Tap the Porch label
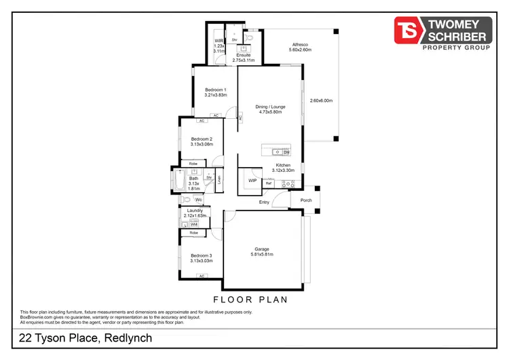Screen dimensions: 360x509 click(x=306, y=200)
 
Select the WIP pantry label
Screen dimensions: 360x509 click(x=252, y=181)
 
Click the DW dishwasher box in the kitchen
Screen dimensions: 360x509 click(x=286, y=152)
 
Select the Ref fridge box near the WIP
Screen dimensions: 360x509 click(x=269, y=183)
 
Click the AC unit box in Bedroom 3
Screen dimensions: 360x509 click(x=202, y=276)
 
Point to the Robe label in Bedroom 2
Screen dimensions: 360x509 click(x=193, y=164)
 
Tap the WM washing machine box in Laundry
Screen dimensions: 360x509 click(x=193, y=224)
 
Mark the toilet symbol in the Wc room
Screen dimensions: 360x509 click(x=187, y=200)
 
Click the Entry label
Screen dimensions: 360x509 click(x=264, y=202)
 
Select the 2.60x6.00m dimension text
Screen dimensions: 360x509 click(x=322, y=101)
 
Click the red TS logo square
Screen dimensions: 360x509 click(x=409, y=29)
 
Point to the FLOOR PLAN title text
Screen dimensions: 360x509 click(x=250, y=299)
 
